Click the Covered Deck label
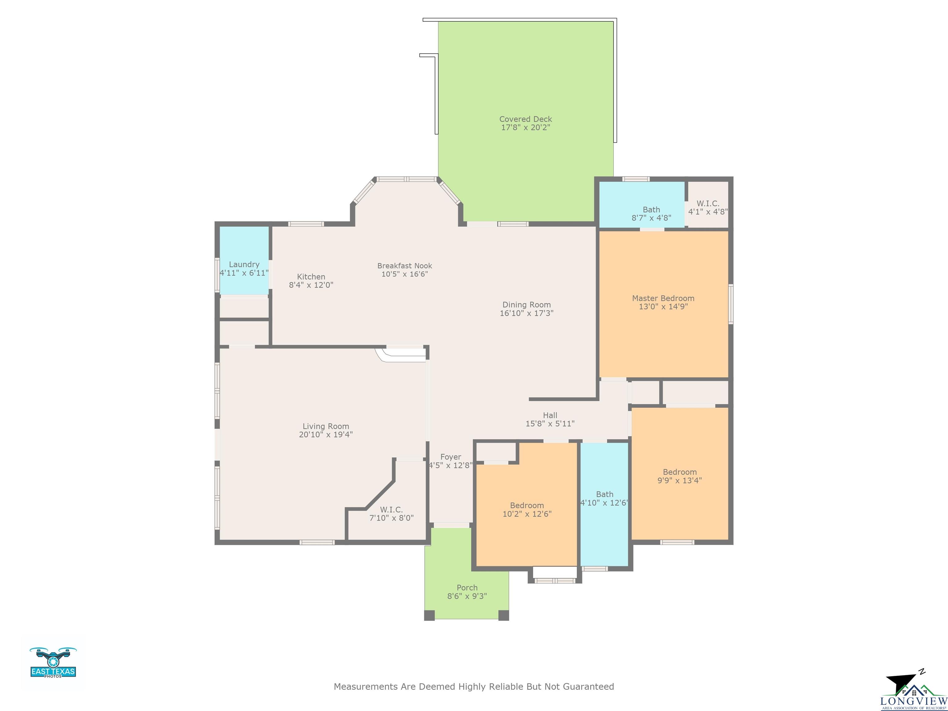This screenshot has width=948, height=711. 526,119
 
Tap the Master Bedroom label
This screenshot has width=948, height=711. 663,298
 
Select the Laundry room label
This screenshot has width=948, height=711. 244,264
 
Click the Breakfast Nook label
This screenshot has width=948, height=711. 405,266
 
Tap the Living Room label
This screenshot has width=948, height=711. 326,426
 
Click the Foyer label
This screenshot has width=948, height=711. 451,457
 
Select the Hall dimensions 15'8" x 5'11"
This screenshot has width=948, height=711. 550,423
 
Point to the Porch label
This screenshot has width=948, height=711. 467,588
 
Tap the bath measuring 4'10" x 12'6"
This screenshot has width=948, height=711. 604,504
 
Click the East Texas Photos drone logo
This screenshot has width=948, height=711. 53,662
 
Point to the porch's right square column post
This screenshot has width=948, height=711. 504,615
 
